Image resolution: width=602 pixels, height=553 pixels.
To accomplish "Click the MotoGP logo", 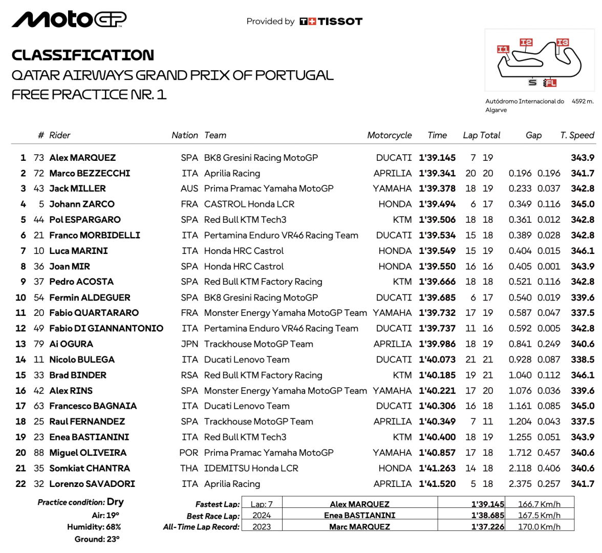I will [69, 19].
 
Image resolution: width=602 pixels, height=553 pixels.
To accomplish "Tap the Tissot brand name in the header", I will [340, 22].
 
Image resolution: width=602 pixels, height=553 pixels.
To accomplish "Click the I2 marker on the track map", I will [526, 42].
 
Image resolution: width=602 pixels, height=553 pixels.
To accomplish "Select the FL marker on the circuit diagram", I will [550, 82].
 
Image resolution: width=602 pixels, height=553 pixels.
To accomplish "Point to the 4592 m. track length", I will [583, 101].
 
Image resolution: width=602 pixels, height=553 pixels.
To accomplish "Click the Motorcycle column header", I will [389, 135].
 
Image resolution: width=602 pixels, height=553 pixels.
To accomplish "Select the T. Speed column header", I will [577, 135].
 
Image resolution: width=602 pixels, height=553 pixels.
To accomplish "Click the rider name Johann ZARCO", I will [82, 204].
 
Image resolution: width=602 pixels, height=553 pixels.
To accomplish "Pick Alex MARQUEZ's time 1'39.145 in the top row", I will [437, 158].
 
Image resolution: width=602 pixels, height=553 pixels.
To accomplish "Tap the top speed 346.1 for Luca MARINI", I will [583, 251].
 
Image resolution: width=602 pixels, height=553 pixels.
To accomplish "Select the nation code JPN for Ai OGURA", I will [189, 344].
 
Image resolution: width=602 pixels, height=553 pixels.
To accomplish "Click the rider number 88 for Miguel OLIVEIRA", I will [39, 453].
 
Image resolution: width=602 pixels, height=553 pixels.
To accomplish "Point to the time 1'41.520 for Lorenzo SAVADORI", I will [437, 484].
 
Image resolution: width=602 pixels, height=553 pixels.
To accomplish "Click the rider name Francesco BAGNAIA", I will [93, 406].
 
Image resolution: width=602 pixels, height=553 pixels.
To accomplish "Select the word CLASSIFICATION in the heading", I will [83, 55].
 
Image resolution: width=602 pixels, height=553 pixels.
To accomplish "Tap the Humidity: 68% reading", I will [94, 527].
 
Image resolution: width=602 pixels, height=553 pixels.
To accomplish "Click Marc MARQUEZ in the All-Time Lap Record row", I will [359, 526].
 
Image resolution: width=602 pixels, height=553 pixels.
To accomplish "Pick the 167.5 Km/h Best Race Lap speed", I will [539, 515].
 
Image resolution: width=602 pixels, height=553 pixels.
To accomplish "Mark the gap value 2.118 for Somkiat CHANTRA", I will [520, 468].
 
